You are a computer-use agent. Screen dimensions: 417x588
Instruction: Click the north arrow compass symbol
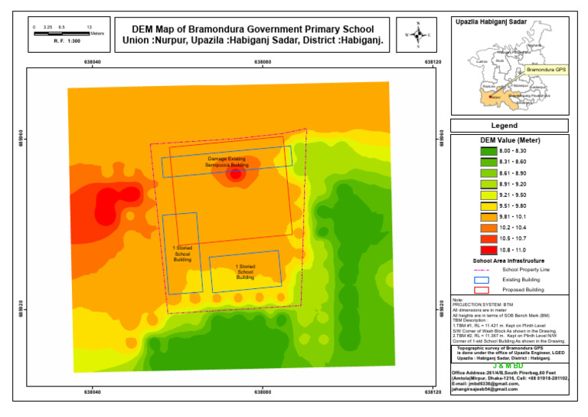tap(418, 35)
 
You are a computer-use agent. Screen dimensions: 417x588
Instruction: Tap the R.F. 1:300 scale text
tap(67, 41)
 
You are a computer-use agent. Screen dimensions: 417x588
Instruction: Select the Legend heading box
tap(509, 126)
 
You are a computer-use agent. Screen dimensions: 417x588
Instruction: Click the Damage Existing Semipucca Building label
tap(226, 162)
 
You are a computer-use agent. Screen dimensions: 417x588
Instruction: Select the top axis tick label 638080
tap(263, 61)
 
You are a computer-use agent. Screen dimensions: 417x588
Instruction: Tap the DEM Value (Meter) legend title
tap(509, 140)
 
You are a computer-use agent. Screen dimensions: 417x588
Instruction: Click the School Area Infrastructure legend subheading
tap(509, 261)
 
